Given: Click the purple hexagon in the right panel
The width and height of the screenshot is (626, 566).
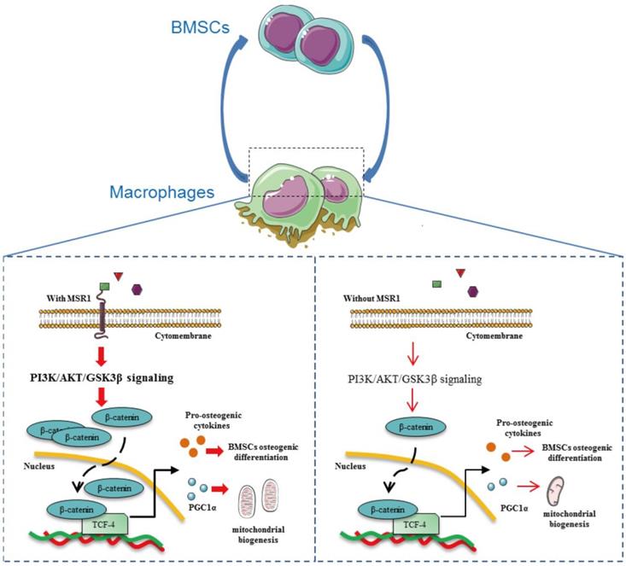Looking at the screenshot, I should (472, 293).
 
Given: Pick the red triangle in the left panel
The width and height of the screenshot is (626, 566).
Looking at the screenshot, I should (118, 275).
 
